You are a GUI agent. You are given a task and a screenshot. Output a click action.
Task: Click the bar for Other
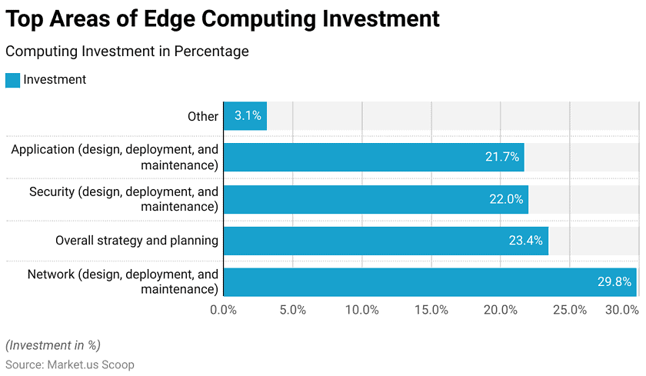pyautogui.click(x=245, y=116)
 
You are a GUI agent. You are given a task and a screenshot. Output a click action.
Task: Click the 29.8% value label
pyautogui.click(x=614, y=282)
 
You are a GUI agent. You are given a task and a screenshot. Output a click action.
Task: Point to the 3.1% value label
pyautogui.click(x=248, y=116)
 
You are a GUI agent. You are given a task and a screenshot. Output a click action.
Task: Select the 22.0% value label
pyautogui.click(x=506, y=199)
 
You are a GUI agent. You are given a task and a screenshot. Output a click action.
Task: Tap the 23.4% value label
pyautogui.click(x=526, y=241)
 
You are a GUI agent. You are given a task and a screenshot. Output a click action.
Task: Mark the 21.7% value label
pyautogui.click(x=502, y=158)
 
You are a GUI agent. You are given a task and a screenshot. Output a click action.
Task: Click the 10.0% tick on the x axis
pyautogui.click(x=362, y=310)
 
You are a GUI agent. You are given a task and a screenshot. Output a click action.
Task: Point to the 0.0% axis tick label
pyautogui.click(x=223, y=310)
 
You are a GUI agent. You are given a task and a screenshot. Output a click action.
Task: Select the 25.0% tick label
pyautogui.click(x=570, y=310)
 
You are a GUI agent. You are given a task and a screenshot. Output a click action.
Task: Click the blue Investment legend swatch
pyautogui.click(x=12, y=80)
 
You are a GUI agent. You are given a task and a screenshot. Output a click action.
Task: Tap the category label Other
pyautogui.click(x=203, y=116)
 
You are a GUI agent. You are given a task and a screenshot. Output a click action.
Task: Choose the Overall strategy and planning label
pyautogui.click(x=137, y=241)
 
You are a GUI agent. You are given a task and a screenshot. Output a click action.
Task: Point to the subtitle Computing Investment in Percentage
pyautogui.click(x=127, y=52)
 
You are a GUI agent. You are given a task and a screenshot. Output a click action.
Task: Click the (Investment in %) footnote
pyautogui.click(x=53, y=344)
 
